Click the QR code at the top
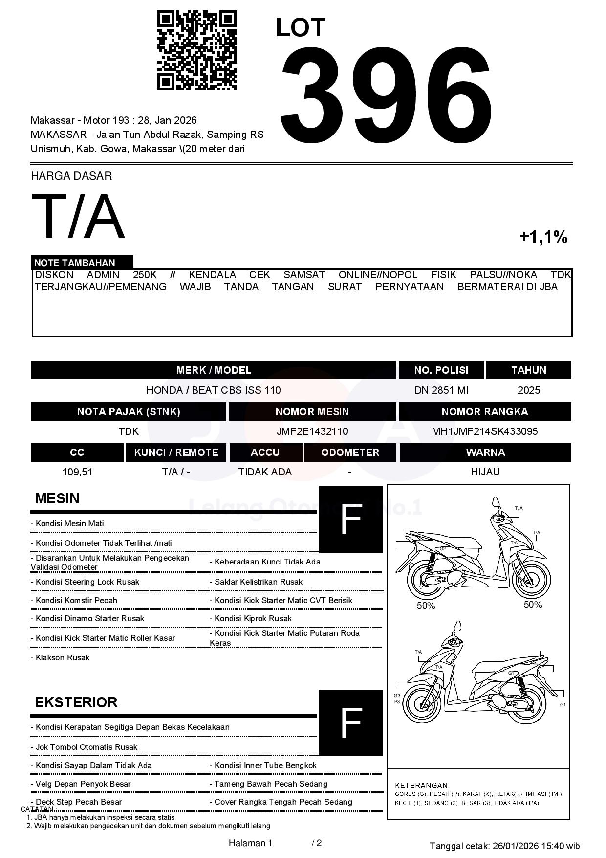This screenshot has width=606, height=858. tap(196, 50)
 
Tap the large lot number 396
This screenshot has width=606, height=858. tap(386, 93)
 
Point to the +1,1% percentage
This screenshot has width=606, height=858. tap(543, 237)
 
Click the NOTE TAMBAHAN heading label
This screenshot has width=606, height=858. tap(75, 263)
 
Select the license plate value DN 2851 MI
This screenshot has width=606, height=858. tap(441, 390)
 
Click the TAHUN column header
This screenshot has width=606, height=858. tap(528, 370)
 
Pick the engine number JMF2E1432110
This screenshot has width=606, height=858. tap(312, 431)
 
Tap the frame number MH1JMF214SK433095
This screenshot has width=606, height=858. tap(484, 431)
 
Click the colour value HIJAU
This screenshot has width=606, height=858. tap(485, 472)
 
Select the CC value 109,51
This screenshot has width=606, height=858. tap(77, 472)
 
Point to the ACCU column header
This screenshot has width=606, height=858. tap(265, 452)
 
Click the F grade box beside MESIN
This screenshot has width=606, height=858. tap(350, 519)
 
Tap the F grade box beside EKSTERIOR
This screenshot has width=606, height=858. tap(350, 723)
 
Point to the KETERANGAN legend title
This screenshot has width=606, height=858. tap(421, 785)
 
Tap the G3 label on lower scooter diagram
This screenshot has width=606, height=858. tap(397, 696)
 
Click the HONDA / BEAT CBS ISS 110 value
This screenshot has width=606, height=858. tap(214, 390)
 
